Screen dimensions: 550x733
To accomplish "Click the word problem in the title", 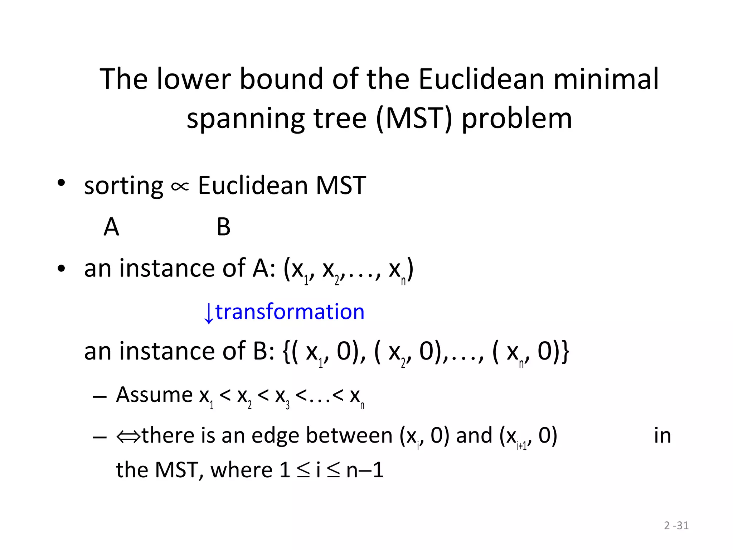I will pos(517,119).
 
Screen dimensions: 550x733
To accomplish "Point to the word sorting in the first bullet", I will pos(123,186).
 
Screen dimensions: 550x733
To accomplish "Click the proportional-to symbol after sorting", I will pos(180,187).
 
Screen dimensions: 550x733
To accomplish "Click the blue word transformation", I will pos(290,312).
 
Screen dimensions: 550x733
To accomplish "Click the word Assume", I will pos(154,395).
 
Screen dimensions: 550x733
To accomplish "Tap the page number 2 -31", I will pos(676,525).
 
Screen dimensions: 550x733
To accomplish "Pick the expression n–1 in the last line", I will pos(365,470).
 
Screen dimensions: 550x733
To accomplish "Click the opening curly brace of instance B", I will pos(286,352).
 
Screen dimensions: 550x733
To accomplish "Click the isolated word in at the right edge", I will pos(662,436).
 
